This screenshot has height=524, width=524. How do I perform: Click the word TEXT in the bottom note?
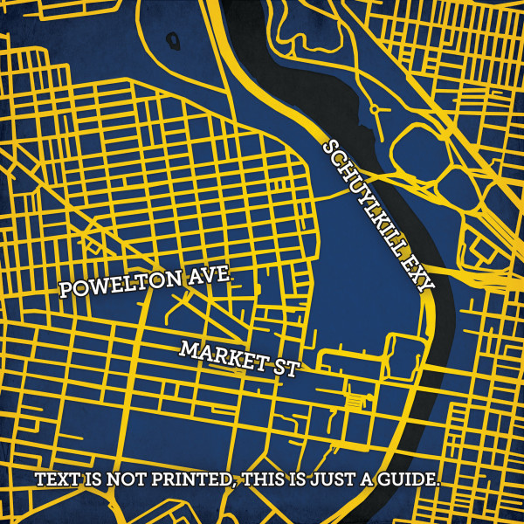(56, 480)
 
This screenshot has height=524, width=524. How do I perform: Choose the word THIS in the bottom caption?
(267, 480)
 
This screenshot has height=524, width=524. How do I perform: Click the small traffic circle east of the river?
(375, 111)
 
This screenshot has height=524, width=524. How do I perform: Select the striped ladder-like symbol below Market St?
(355, 399)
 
